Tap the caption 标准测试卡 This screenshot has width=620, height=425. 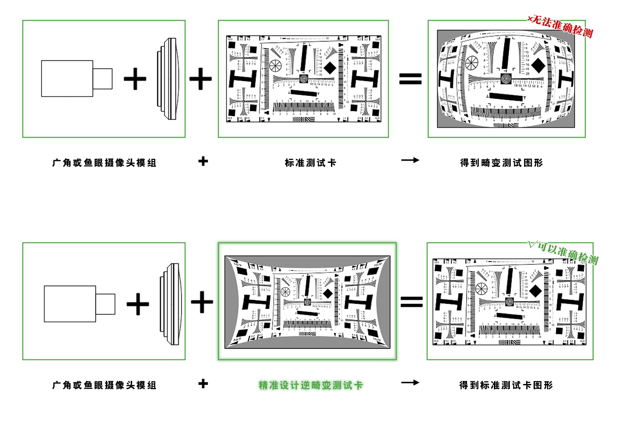[310, 163]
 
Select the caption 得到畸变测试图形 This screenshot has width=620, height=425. [501, 163]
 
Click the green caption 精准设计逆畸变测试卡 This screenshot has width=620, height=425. [311, 385]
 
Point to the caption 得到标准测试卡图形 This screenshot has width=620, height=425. [506, 385]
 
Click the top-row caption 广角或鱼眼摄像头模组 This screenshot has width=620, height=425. [104, 163]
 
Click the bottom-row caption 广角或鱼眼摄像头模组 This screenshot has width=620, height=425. [104, 385]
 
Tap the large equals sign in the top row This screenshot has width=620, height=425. [410, 79]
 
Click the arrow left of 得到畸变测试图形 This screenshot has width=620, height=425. [410, 160]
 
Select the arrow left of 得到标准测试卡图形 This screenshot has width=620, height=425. [410, 382]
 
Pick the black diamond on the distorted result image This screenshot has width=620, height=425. [538, 65]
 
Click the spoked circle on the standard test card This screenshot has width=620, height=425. [275, 66]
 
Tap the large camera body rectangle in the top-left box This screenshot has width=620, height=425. [67, 79]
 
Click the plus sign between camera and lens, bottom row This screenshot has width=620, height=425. [138, 304]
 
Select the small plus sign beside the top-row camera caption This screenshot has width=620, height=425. [203, 162]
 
